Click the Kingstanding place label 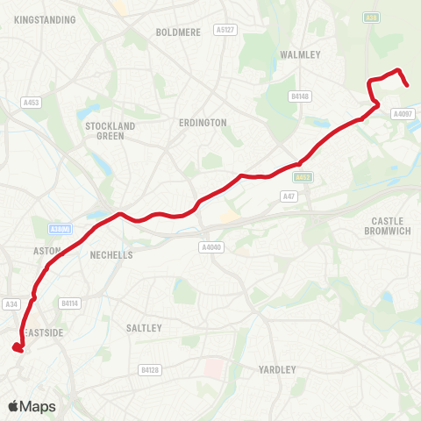click(46, 19)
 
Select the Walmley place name click(301, 54)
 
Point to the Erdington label click(202, 123)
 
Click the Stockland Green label click(111, 132)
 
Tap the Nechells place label click(111, 255)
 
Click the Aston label click(46, 251)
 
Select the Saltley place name click(145, 327)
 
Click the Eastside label click(44, 333)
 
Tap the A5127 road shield click(225, 29)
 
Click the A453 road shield click(32, 103)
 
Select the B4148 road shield click(300, 96)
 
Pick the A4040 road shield click(210, 247)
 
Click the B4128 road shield click(149, 370)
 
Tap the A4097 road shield click(403, 113)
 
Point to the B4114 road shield click(69, 303)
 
